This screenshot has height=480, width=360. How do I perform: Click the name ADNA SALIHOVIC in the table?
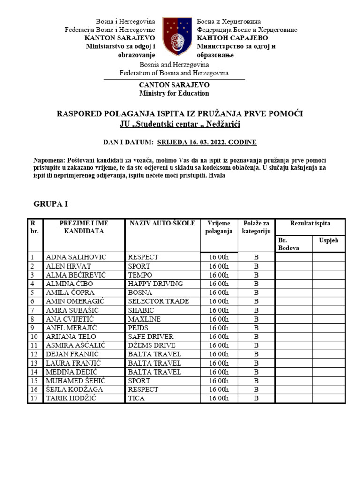[x=75, y=257]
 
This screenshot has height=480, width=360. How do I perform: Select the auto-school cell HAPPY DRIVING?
[x=156, y=284]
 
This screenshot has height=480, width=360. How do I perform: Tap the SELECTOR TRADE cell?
[x=158, y=301]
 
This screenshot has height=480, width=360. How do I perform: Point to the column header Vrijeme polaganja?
[x=219, y=227]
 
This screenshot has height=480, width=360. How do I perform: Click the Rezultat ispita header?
[x=309, y=224]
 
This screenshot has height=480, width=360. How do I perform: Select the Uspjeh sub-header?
[x=328, y=240]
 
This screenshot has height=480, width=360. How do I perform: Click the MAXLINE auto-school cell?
[x=144, y=319]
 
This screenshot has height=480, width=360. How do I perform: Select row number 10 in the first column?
[x=34, y=337]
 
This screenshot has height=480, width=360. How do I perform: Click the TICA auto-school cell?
[x=136, y=398]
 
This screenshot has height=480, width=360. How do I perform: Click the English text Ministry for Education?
[x=174, y=93]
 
